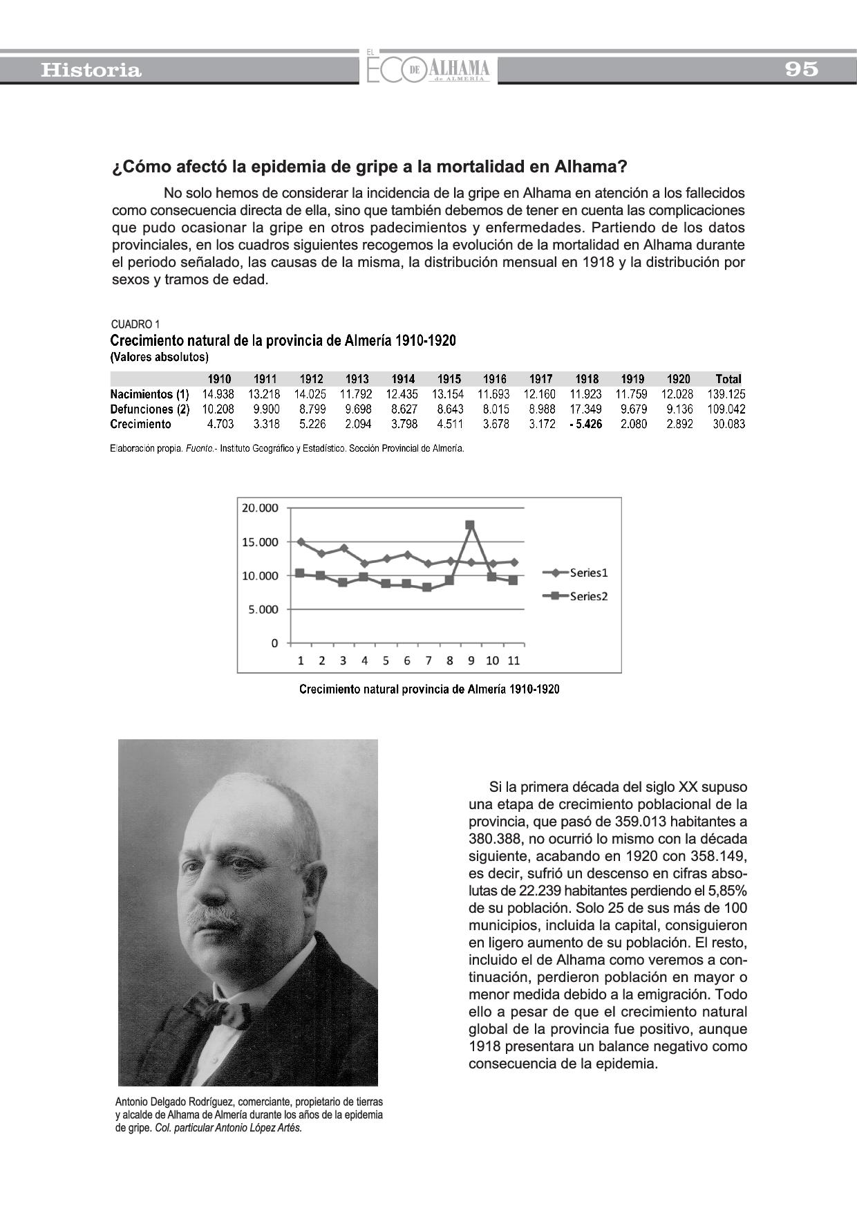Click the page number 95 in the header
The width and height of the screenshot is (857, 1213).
click(801, 69)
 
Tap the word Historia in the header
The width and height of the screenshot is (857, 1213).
click(91, 70)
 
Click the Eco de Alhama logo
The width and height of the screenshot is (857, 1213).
click(428, 68)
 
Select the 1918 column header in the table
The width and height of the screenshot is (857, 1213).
click(587, 379)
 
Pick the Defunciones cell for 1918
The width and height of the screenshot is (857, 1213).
click(585, 409)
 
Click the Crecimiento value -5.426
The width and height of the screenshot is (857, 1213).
click(585, 424)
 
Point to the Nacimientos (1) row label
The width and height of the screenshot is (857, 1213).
click(149, 394)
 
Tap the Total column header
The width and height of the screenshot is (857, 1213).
click(728, 379)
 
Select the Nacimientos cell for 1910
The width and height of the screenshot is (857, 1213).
click(218, 394)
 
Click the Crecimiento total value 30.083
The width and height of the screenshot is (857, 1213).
click(728, 424)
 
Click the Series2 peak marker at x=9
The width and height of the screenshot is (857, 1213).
click(470, 525)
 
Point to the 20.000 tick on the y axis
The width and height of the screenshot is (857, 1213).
click(260, 508)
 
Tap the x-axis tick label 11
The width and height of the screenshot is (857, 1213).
click(514, 660)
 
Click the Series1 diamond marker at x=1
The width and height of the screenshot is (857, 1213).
click(301, 541)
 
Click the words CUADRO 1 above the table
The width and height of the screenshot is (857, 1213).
click(135, 324)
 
